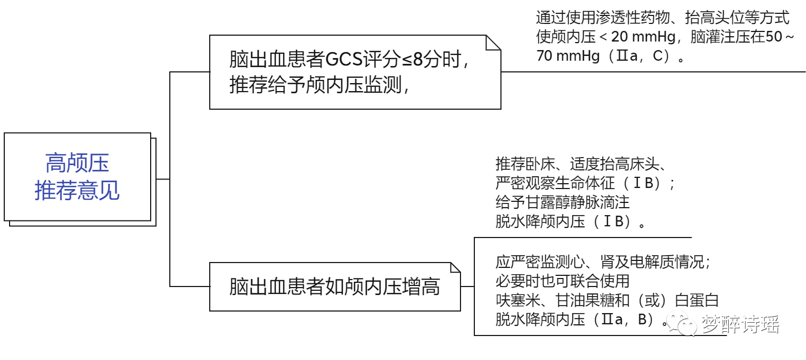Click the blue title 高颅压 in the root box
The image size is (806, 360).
77,163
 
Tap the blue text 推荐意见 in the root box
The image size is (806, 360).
77,190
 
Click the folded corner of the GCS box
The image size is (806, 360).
494,43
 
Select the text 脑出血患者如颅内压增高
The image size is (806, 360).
334,287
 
